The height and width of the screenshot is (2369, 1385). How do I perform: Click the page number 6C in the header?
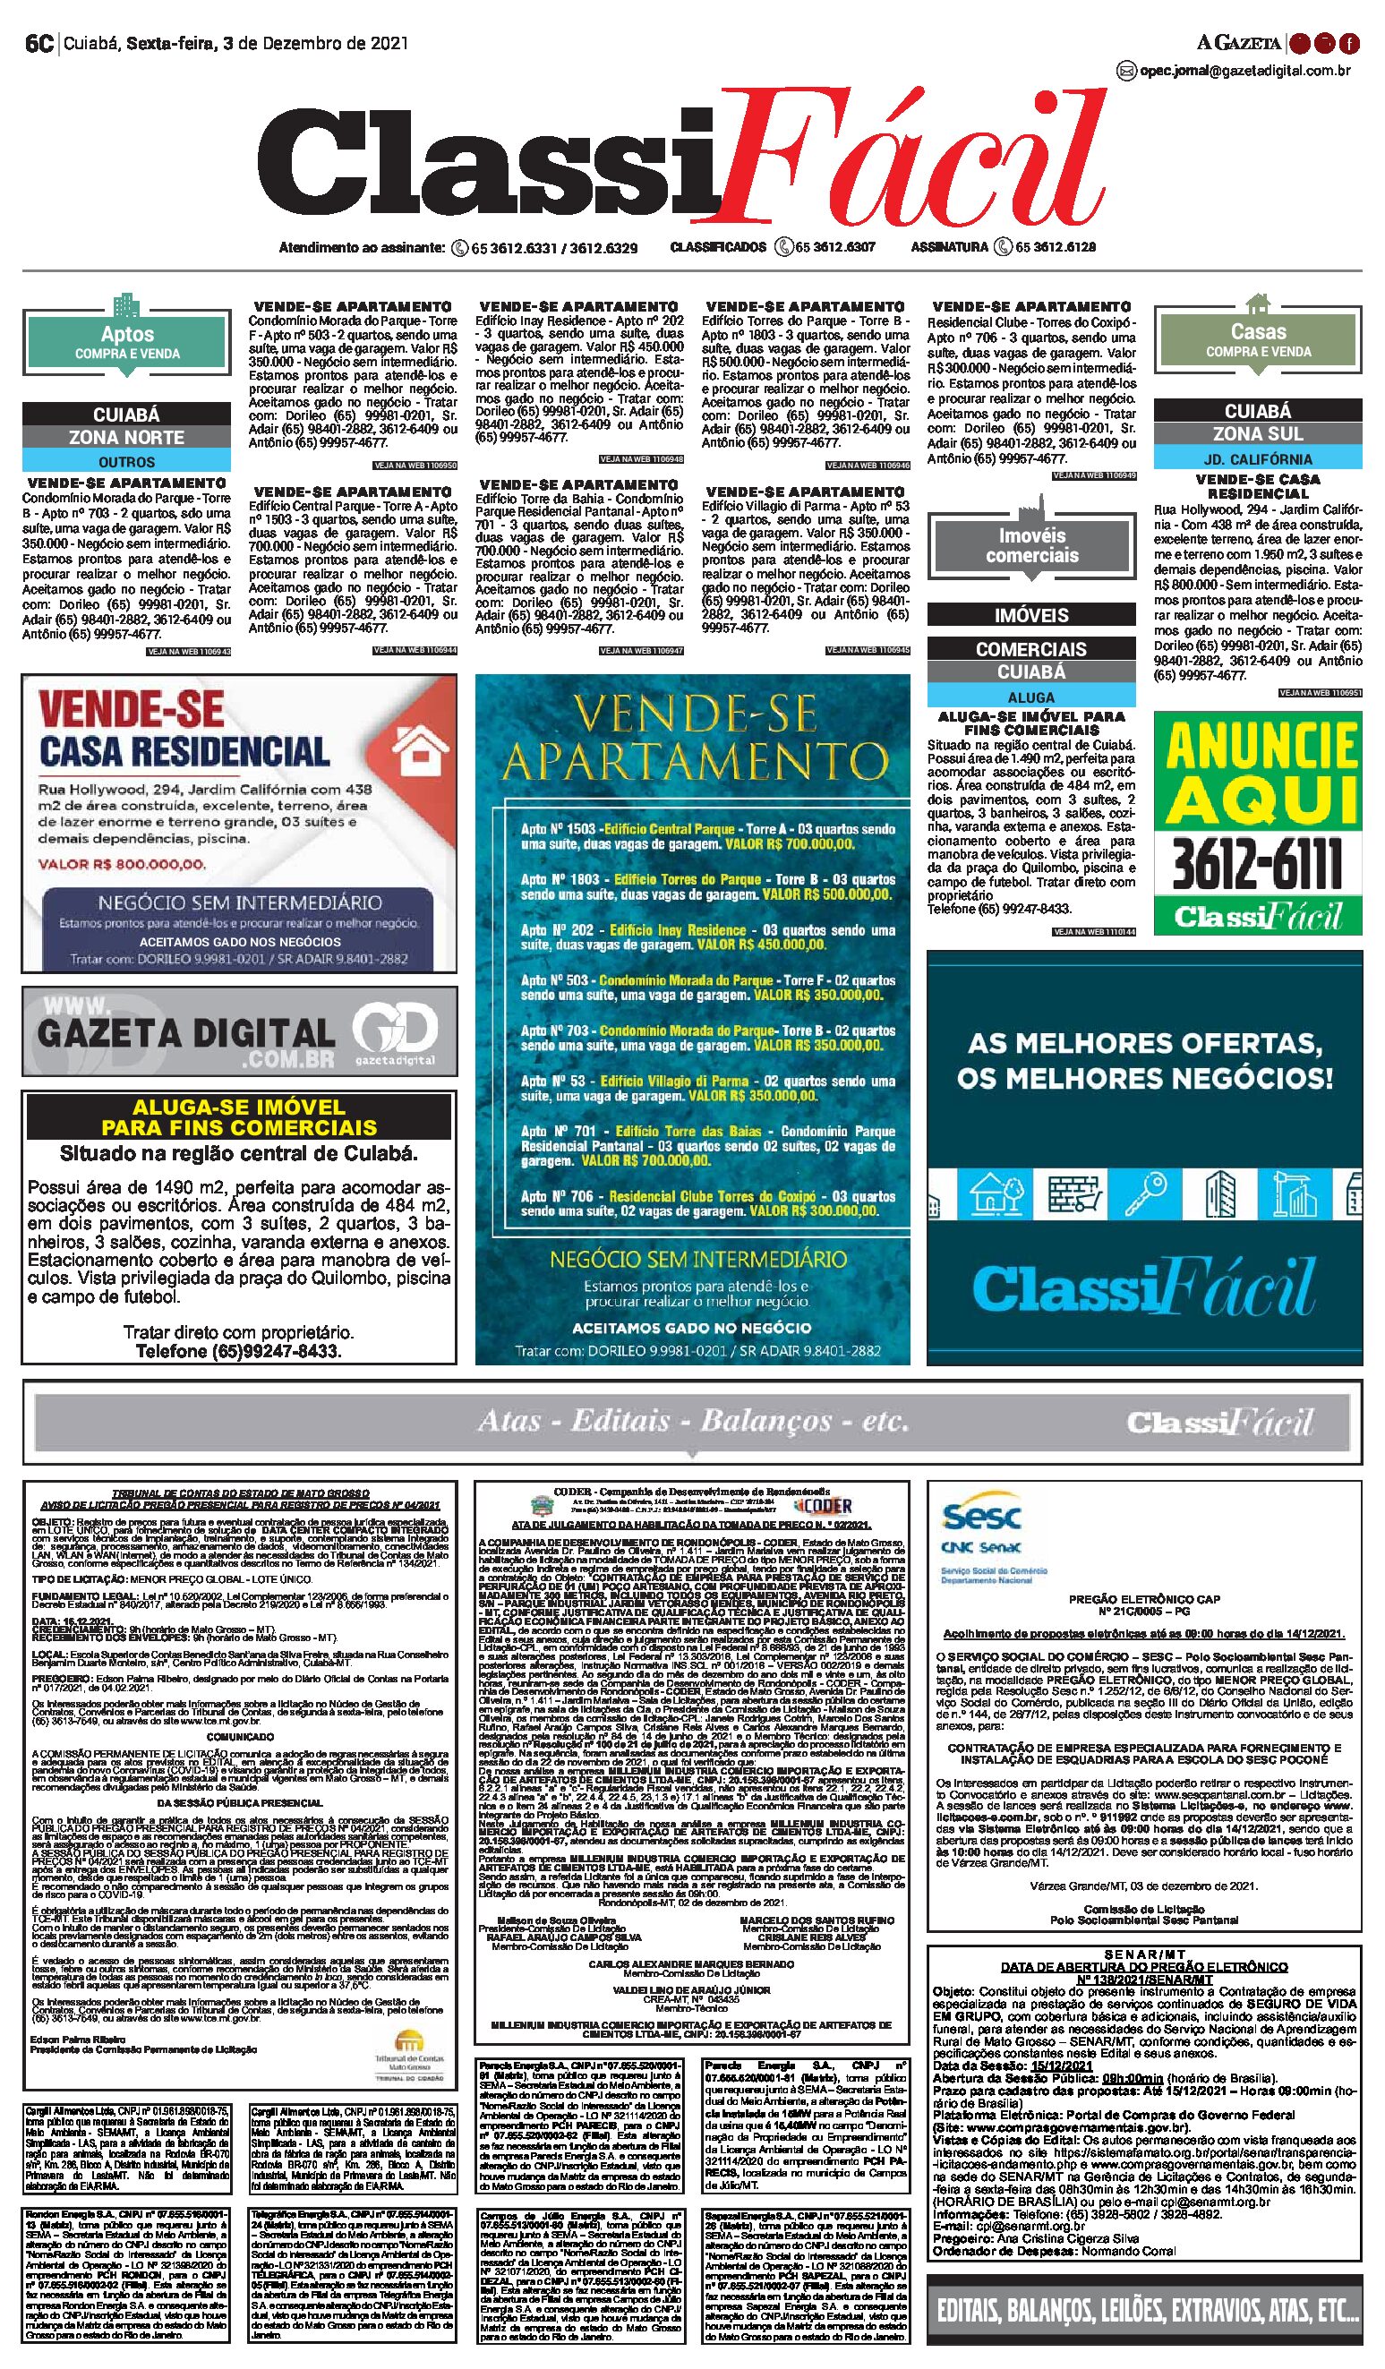(x=38, y=43)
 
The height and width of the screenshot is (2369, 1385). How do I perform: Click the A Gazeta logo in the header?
(x=1238, y=42)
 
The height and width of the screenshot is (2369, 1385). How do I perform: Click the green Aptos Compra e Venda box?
(x=127, y=342)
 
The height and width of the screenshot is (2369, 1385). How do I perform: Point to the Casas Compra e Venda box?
(x=1257, y=339)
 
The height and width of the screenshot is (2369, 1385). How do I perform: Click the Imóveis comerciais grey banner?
(x=1031, y=545)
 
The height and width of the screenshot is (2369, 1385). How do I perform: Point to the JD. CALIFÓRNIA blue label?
(x=1257, y=458)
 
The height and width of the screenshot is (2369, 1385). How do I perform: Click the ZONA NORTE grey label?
(x=127, y=437)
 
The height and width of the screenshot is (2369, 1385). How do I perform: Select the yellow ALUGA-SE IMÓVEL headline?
(x=240, y=1117)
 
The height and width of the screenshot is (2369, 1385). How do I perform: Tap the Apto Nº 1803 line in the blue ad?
(x=707, y=886)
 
